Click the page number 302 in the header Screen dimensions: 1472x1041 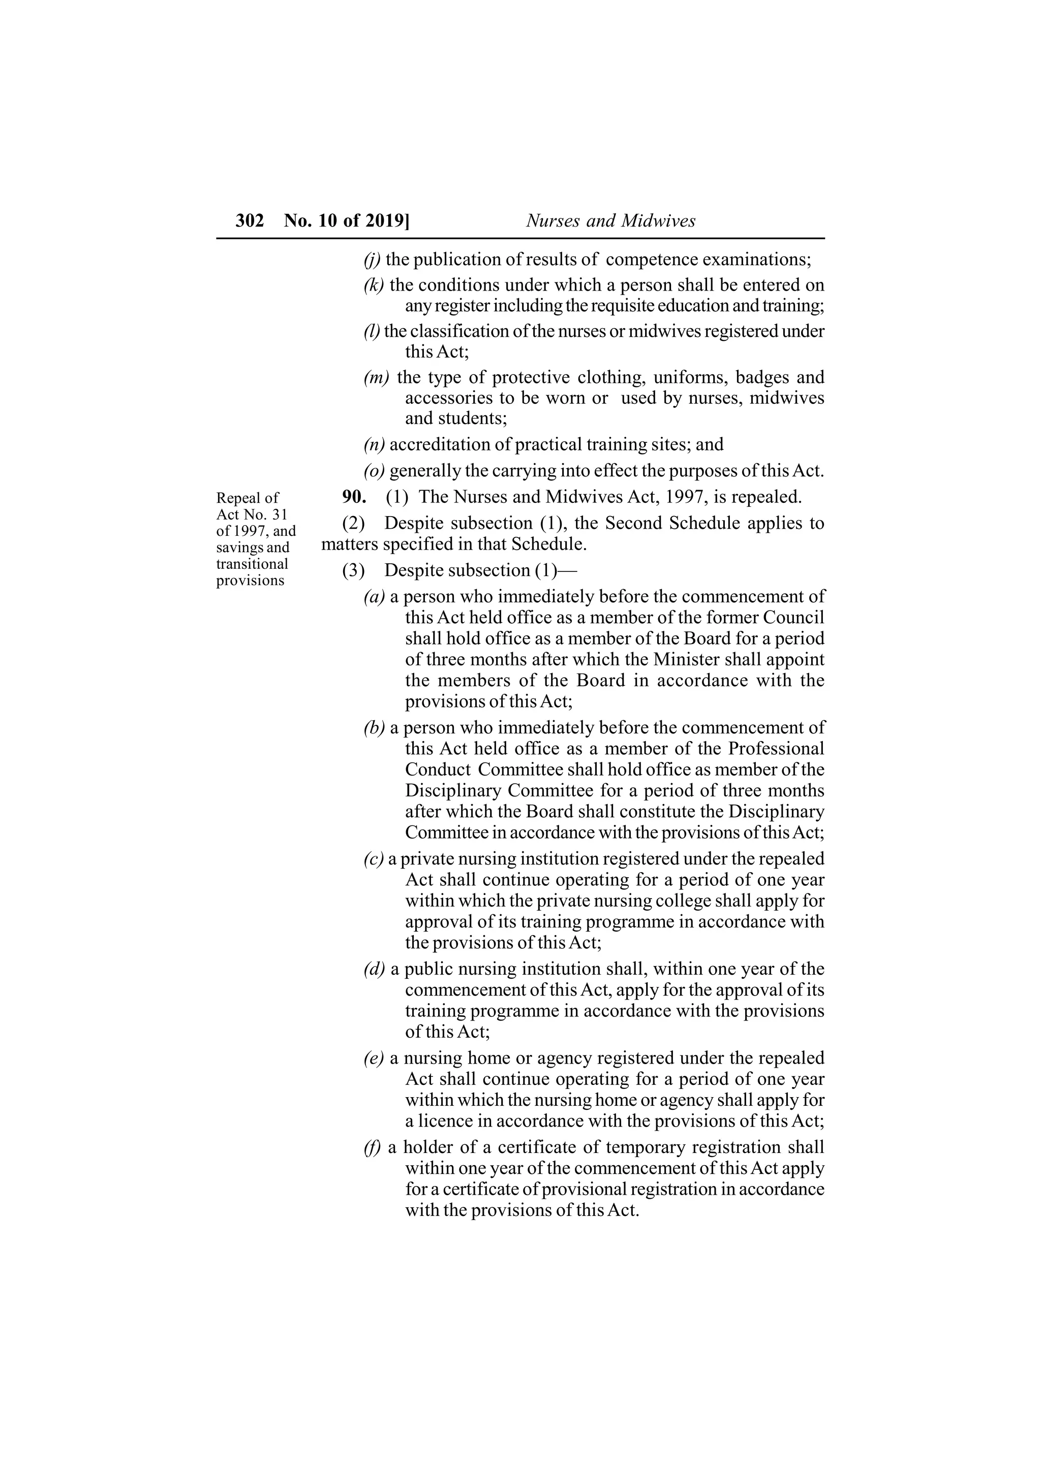(x=250, y=221)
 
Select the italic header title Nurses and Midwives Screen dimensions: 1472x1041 (x=610, y=221)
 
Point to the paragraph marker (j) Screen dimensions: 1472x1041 (x=372, y=260)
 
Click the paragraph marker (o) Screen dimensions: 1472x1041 (x=374, y=471)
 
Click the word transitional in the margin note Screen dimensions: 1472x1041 (x=252, y=564)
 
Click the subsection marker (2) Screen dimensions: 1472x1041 (x=353, y=523)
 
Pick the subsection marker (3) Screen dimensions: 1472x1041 (x=353, y=570)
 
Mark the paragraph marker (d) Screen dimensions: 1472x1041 (x=374, y=969)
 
